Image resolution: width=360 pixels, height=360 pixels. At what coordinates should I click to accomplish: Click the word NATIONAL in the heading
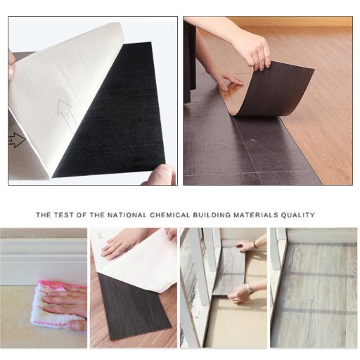click(x=127, y=215)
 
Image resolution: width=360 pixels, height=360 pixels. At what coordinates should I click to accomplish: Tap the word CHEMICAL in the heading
click(x=169, y=215)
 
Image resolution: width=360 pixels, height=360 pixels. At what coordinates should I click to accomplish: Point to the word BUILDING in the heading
click(x=212, y=215)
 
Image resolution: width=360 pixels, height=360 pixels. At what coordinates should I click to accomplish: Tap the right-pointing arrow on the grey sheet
click(x=16, y=140)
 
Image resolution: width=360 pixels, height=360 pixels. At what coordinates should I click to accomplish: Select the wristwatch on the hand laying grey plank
click(x=250, y=289)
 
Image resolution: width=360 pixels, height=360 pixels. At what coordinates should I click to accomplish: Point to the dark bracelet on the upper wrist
click(x=255, y=245)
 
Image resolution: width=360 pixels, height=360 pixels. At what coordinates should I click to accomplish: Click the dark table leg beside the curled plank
click(x=190, y=61)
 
